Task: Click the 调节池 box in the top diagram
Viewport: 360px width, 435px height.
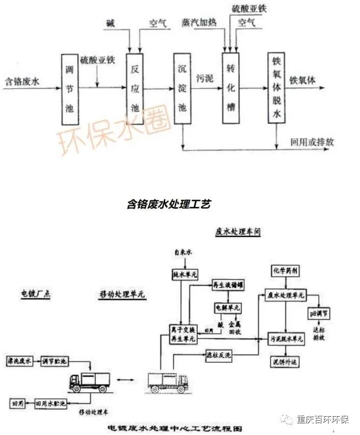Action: (x=70, y=89)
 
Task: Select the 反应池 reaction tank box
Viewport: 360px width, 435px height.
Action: (x=135, y=89)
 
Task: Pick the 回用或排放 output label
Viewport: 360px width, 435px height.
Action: (x=312, y=142)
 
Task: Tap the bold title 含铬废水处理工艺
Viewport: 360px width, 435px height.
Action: (x=168, y=204)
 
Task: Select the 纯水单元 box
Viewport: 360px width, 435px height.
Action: (x=184, y=274)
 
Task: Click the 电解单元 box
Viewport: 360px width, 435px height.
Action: (x=227, y=308)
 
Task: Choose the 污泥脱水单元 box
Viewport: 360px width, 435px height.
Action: (x=286, y=338)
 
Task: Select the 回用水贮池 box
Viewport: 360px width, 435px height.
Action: (x=50, y=403)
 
